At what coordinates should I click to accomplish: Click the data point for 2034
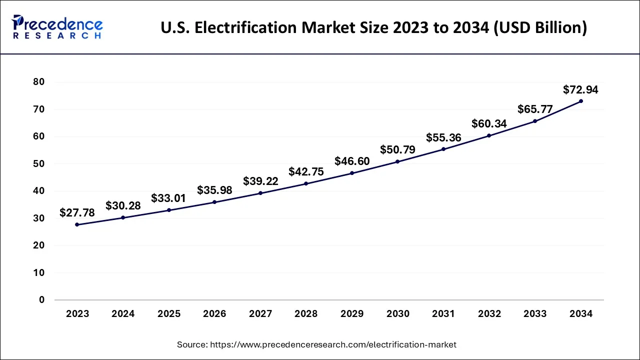[580, 101]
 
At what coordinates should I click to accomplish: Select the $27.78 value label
[77, 213]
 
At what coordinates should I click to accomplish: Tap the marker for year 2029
[352, 173]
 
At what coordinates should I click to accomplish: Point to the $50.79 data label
[397, 149]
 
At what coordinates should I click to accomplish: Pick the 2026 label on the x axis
[214, 314]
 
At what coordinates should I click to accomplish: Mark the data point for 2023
[77, 224]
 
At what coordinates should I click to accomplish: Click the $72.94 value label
[580, 90]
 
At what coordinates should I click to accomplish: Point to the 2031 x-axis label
[443, 314]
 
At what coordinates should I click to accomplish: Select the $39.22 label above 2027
[260, 181]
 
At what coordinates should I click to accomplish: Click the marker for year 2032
[489, 135]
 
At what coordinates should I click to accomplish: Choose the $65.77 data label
[535, 109]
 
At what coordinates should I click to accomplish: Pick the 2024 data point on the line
[123, 217]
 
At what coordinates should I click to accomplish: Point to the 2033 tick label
[535, 314]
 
